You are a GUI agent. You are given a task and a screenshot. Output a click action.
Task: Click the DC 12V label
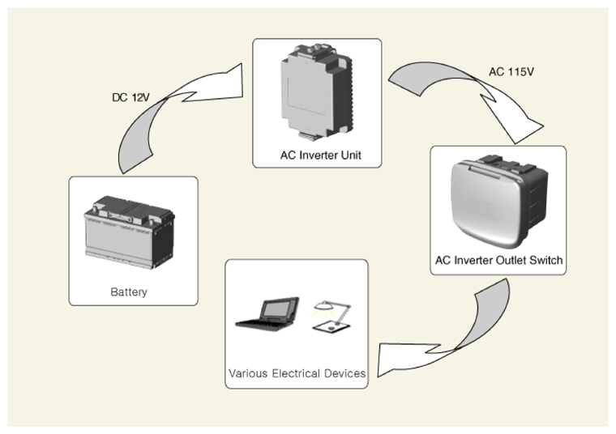coord(130,97)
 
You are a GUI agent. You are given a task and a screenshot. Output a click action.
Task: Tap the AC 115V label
coord(511,72)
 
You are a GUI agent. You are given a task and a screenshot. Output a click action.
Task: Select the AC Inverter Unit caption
coord(321,155)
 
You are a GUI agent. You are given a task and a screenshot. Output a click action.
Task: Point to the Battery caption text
coord(129,292)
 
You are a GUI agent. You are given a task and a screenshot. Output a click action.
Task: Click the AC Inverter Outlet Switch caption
coord(498,260)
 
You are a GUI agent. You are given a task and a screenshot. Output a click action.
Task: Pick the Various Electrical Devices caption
coord(297,373)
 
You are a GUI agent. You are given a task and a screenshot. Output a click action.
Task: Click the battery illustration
coord(129,232)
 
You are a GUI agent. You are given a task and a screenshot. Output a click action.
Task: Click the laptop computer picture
coord(267,314)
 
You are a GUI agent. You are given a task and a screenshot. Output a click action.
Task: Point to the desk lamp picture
coord(332,317)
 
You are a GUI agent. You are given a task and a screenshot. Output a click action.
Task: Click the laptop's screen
coord(280,309)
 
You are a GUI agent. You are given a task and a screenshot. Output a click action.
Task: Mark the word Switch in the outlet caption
coord(546,260)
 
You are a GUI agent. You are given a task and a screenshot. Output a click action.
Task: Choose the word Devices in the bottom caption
coord(345,373)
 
